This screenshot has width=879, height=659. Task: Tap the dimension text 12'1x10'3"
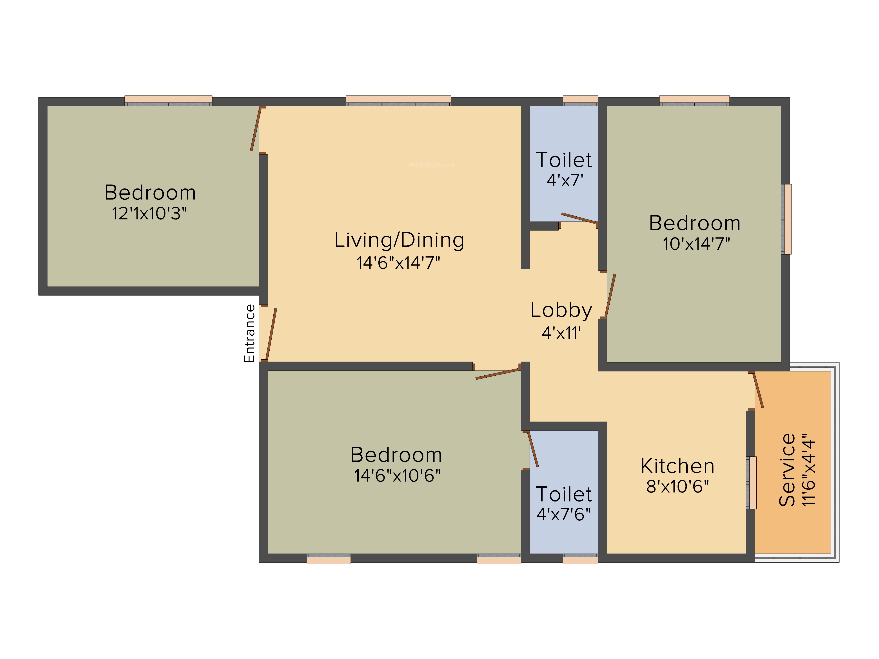149,214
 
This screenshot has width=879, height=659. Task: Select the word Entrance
249,333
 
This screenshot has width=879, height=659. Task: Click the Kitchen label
677,466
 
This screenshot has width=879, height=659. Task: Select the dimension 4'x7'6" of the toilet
563,514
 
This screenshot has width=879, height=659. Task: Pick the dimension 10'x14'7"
696,244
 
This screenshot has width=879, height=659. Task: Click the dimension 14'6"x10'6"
397,476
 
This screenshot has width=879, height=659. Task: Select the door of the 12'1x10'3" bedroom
256,129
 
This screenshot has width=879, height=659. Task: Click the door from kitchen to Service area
758,390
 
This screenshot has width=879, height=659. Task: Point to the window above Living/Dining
398,101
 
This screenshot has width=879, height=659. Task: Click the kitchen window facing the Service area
752,483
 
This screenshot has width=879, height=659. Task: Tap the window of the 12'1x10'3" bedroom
169,101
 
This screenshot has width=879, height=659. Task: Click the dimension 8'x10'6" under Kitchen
677,487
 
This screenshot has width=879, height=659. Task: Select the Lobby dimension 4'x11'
561,333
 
